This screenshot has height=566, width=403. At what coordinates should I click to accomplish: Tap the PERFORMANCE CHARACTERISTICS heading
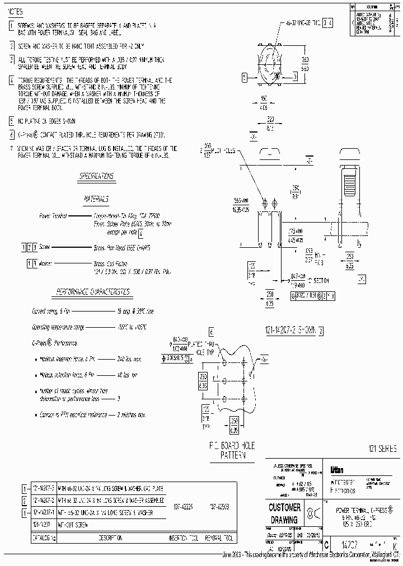pos(93,291)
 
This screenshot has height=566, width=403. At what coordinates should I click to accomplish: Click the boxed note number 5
pos(12,121)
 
